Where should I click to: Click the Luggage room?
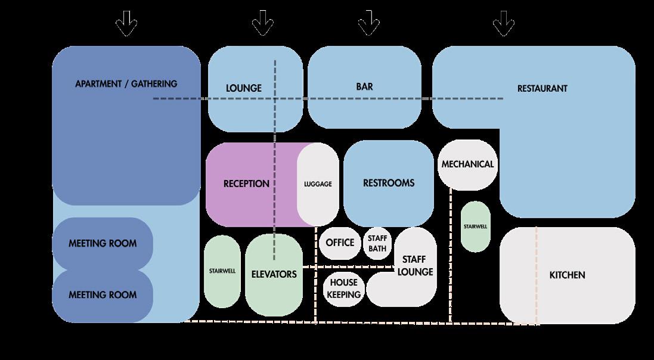318,184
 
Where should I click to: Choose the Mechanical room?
468,165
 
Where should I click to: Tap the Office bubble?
340,243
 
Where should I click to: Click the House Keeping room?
344,289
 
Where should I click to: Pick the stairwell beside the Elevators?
222,271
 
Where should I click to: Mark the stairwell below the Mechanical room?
476,226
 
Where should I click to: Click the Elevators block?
274,275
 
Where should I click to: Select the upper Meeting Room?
103,243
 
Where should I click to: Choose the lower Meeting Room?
103,295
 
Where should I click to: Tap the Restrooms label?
389,183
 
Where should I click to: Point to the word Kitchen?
567,275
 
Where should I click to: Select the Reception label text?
246,184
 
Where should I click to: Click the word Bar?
364,86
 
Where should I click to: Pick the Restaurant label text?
542,88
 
